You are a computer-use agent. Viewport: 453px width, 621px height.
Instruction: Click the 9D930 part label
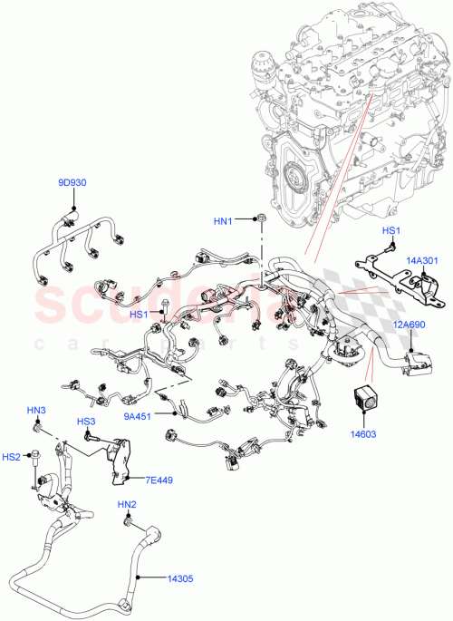pyautogui.click(x=72, y=183)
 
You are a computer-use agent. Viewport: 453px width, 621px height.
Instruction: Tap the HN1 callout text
pyautogui.click(x=224, y=221)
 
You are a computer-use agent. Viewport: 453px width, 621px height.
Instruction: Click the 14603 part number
pyautogui.click(x=364, y=434)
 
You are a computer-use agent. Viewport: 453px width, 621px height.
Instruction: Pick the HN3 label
pyautogui.click(x=36, y=412)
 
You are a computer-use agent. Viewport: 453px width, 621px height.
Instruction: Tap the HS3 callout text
pyautogui.click(x=86, y=422)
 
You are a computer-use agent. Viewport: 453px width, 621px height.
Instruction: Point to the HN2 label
pyautogui.click(x=126, y=504)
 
